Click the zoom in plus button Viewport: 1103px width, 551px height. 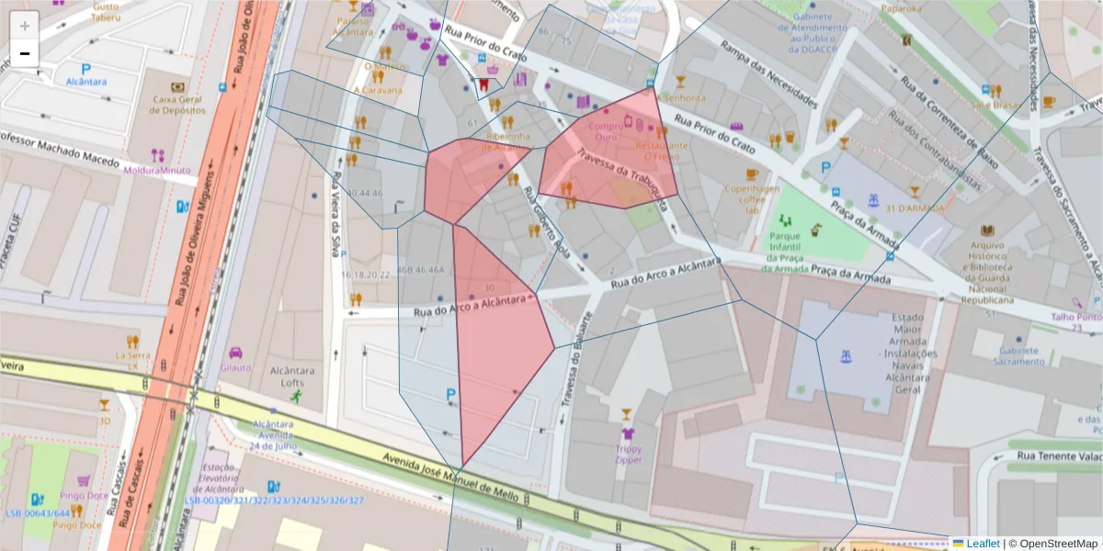tap(25, 26)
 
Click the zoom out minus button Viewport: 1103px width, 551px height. tap(25, 53)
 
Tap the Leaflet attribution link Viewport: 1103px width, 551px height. tap(982, 544)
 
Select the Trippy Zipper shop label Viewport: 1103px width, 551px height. tap(628, 455)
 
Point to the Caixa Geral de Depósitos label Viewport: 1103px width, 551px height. tap(178, 104)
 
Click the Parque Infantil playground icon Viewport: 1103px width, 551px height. tap(785, 220)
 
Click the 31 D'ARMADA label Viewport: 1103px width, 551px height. tap(915, 208)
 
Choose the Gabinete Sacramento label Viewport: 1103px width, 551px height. tap(1018, 355)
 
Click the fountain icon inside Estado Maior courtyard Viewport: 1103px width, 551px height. tap(843, 354)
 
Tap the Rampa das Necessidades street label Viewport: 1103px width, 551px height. tap(768, 73)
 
